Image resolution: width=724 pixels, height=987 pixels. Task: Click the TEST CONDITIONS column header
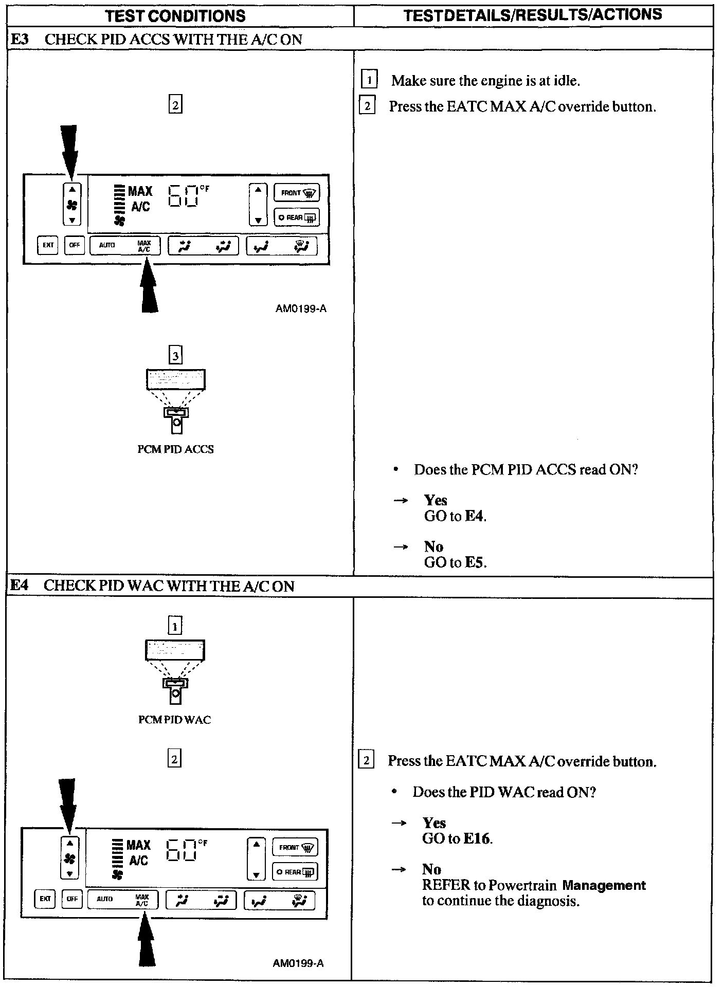[x=175, y=16]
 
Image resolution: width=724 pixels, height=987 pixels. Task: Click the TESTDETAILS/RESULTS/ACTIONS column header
[x=533, y=15]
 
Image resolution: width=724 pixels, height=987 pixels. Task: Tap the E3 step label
[x=20, y=40]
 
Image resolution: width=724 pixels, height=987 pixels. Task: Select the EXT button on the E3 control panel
[x=48, y=245]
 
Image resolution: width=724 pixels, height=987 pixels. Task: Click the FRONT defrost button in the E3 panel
[x=297, y=193]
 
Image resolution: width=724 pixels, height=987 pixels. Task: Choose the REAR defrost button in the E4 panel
[x=295, y=872]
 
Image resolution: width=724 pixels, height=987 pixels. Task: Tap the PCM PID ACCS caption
[x=175, y=449]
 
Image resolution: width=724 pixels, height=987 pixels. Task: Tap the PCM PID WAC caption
[x=175, y=720]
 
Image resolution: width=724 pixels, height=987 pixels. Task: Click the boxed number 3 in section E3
[x=176, y=355]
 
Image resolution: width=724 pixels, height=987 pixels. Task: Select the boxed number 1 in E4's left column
[x=175, y=626]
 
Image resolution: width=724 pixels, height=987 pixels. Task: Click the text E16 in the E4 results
[x=478, y=838]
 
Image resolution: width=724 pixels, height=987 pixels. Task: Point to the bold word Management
[x=604, y=885]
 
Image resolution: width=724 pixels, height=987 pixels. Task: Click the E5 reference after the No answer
[x=475, y=562]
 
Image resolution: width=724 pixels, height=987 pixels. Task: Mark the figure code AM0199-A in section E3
[x=301, y=309]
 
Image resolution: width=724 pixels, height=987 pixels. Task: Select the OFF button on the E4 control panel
[x=72, y=899]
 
